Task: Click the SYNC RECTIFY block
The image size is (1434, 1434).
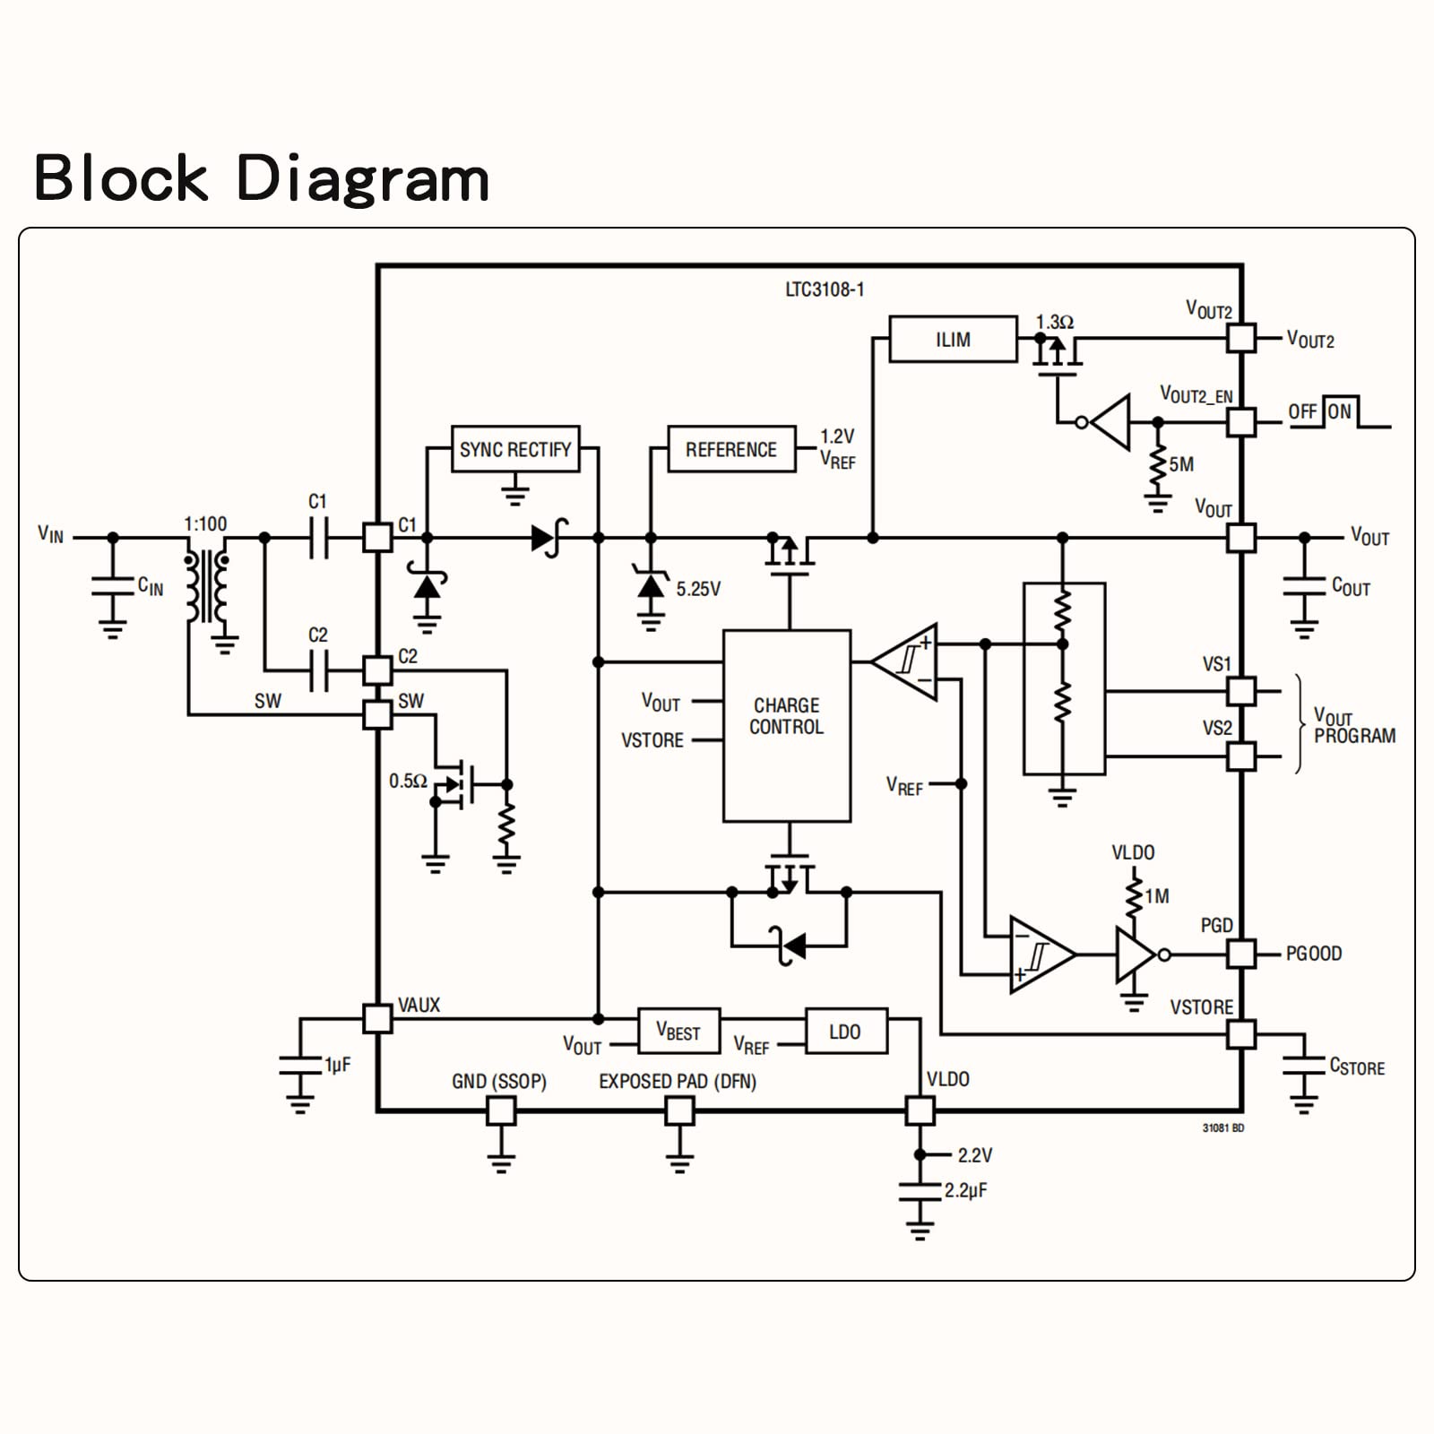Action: [515, 449]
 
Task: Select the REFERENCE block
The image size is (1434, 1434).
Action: [731, 449]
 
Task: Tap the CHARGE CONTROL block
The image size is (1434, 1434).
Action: [787, 726]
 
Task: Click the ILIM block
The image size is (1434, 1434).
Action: [953, 340]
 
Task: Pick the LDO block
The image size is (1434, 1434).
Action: [845, 1032]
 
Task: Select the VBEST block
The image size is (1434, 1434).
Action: [678, 1032]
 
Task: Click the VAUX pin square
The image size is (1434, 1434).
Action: [377, 1019]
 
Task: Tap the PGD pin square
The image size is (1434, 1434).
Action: [1241, 954]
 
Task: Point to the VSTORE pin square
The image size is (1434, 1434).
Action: [1241, 1034]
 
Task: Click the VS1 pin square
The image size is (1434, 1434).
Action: [1241, 691]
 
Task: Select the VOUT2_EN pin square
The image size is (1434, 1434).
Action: [1241, 422]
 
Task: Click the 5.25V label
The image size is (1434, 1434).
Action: [698, 589]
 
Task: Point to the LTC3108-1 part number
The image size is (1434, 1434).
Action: [825, 289]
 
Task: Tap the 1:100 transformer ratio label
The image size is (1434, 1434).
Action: [205, 523]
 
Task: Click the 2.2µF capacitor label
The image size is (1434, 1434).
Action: [966, 1191]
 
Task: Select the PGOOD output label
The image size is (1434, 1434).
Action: [1314, 954]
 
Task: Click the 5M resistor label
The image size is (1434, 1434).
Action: [1181, 464]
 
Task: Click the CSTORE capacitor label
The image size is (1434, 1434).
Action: [1357, 1067]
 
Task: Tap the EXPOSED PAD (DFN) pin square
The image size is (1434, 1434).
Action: [679, 1111]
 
